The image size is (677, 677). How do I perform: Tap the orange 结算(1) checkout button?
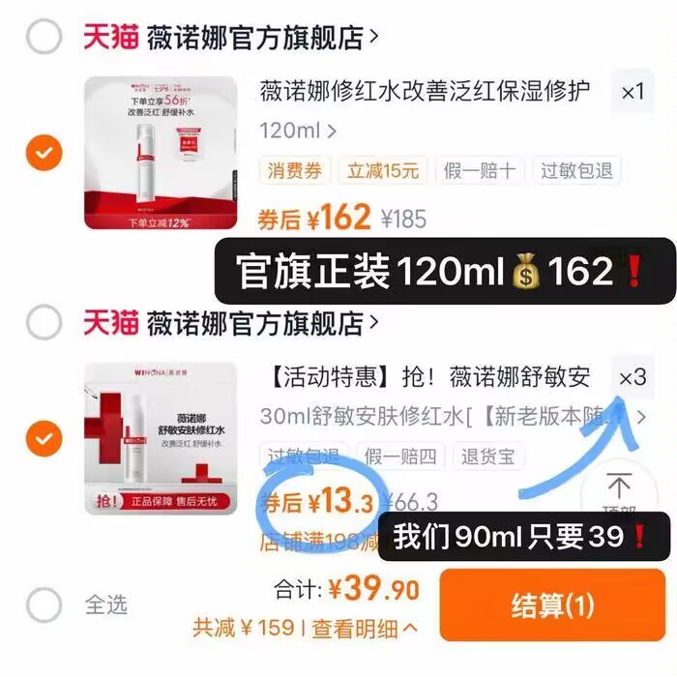point(552,606)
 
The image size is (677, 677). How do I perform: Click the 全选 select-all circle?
point(44,605)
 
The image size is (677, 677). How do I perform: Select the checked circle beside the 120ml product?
point(44,154)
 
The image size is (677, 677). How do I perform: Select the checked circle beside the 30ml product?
point(44,440)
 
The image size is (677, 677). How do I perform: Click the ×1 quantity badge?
point(633,93)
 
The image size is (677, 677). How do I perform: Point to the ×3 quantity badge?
point(633,377)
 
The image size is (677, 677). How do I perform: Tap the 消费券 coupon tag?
point(294,172)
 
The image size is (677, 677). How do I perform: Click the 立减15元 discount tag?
point(383,172)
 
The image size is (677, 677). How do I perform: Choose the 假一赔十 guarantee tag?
point(480,172)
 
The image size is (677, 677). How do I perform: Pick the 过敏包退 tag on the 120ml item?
point(576,172)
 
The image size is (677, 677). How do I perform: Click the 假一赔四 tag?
point(399,456)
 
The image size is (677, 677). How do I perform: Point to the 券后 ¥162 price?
point(315,219)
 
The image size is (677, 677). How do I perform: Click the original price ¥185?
point(403,220)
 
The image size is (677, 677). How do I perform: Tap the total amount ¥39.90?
point(373,589)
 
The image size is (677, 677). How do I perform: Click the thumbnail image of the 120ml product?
point(160,153)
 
